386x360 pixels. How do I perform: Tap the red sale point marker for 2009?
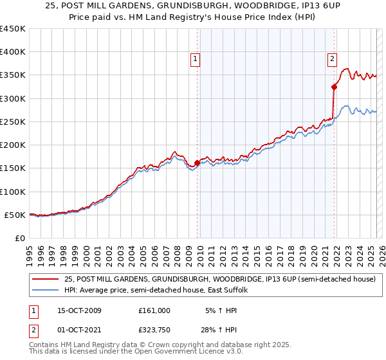(197, 163)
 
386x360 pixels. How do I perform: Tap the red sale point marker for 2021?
(334, 87)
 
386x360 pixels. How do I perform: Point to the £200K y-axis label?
(13, 145)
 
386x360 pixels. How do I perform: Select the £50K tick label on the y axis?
(15, 215)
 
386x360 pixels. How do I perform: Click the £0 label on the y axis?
(21, 238)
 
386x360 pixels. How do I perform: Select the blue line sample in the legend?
(45, 290)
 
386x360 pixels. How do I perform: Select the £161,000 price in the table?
(154, 310)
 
